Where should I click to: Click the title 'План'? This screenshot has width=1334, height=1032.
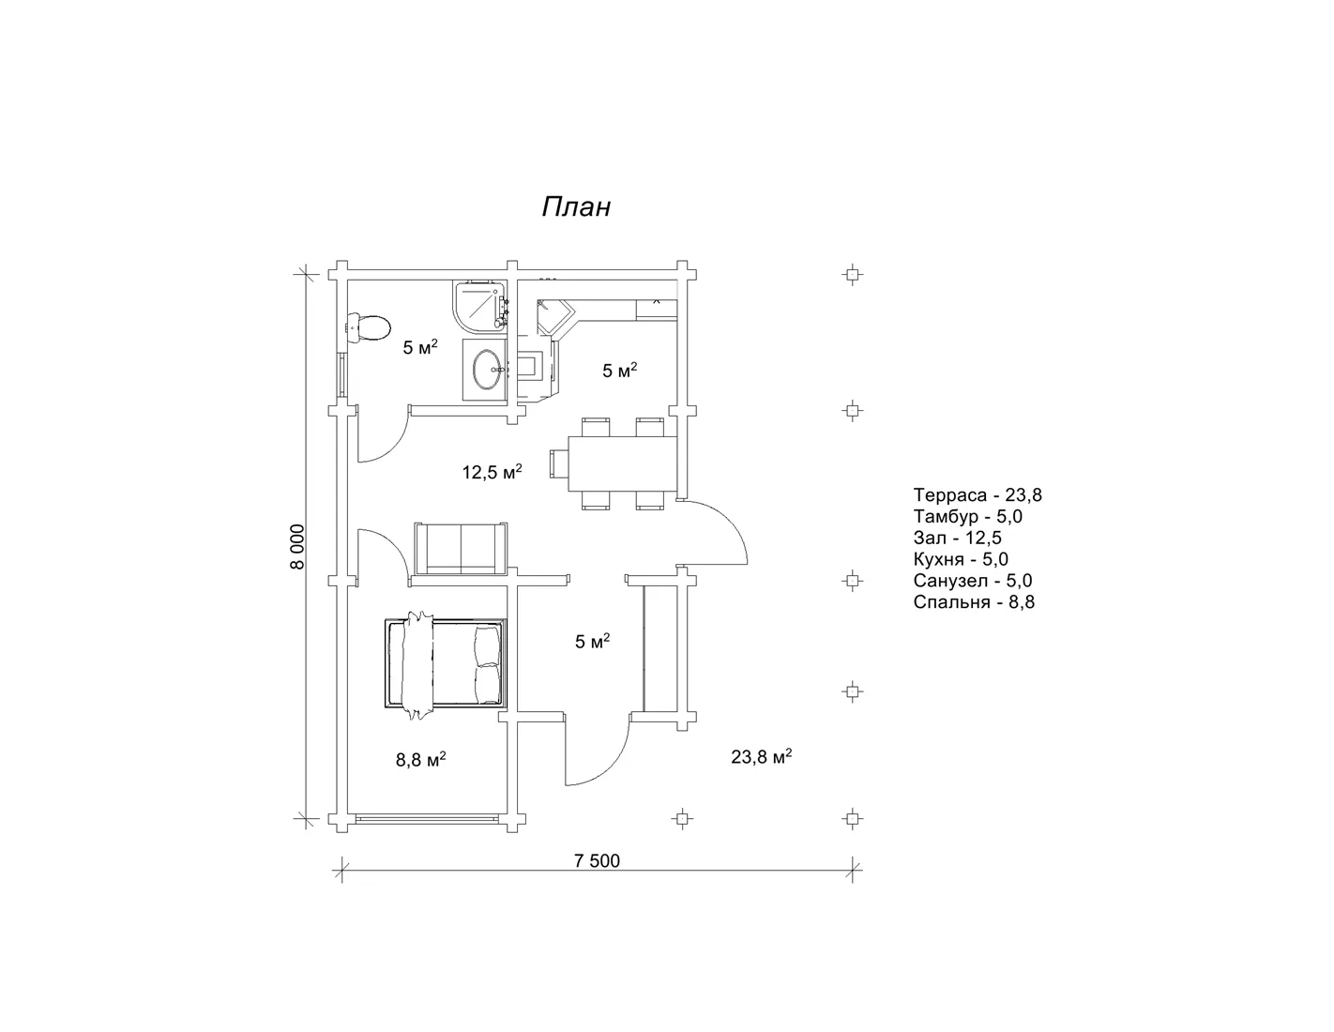pos(576,207)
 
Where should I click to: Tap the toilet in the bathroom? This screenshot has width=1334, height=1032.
pos(369,326)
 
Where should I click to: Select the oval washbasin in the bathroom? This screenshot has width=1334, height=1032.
pos(486,370)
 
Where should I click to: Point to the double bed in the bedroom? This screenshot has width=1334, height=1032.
pos(446,663)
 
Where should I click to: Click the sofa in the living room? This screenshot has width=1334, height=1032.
pos(461,548)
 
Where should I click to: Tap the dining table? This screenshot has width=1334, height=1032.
pos(623,463)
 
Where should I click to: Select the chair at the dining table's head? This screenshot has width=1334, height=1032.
pos(559,463)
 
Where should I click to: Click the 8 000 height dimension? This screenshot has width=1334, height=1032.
pos(297,547)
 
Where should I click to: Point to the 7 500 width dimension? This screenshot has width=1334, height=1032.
pos(598,860)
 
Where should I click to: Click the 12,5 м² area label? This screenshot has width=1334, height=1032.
pos(492,472)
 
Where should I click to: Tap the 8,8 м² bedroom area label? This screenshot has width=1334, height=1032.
pos(420,759)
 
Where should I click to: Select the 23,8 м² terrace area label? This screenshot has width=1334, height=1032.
pos(761,756)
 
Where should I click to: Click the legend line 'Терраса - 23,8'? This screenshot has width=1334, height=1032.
pos(978,494)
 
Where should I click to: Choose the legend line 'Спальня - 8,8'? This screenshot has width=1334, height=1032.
pos(974,601)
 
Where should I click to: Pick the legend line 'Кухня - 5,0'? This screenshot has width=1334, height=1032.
pos(961,558)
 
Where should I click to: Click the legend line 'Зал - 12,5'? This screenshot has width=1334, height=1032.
pos(957,538)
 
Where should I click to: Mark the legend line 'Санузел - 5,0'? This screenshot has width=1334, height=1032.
pos(973,580)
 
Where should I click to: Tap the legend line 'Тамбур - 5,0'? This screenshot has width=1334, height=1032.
pos(967,516)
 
